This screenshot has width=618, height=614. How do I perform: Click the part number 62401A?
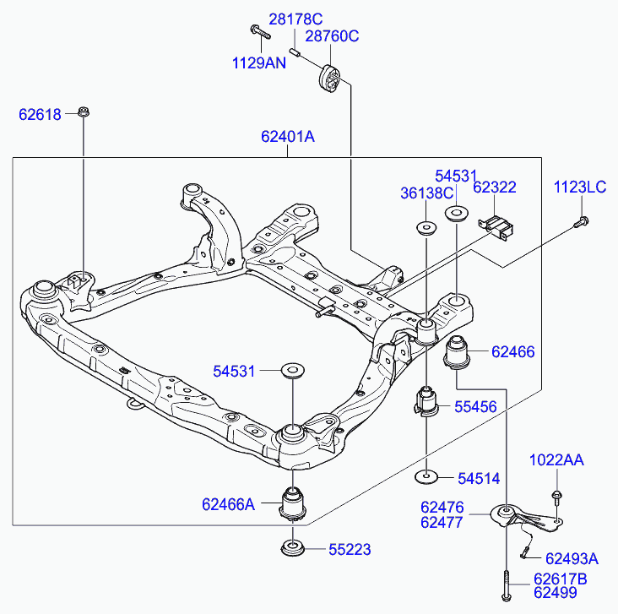[287, 137]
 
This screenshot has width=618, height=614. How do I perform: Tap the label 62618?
[41, 114]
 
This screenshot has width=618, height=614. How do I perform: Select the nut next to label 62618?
[84, 111]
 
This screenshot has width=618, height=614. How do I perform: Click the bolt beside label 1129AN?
[257, 32]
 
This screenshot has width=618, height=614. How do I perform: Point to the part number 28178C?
[296, 19]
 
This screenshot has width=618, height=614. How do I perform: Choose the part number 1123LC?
[580, 187]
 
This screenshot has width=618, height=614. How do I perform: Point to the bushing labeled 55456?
[427, 402]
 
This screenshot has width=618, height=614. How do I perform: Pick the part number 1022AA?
[556, 460]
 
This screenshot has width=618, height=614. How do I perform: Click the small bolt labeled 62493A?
[525, 553]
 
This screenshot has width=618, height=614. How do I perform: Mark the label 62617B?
[560, 579]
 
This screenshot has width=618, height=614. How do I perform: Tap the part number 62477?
[442, 523]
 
